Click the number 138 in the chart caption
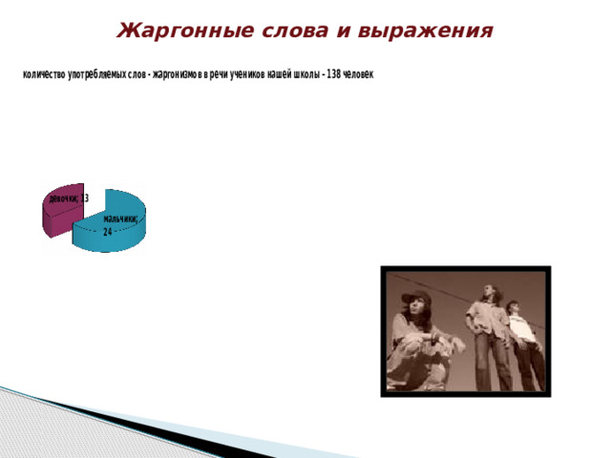[x=334, y=74]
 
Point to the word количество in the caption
[x=43, y=74]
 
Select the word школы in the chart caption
[x=301, y=74]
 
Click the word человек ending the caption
[x=359, y=74]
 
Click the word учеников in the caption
[x=242, y=74]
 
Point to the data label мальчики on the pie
[x=120, y=219]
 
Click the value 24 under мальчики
[x=108, y=231]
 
